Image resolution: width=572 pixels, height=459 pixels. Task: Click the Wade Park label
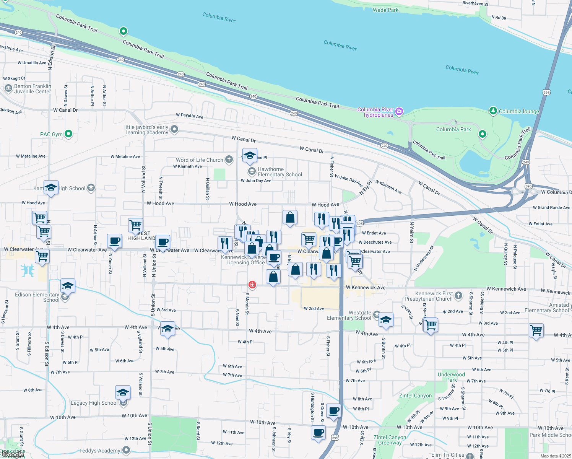click(385, 10)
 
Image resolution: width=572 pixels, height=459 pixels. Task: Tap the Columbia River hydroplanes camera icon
click(399, 111)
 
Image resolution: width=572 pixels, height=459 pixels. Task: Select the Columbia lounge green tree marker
click(493, 111)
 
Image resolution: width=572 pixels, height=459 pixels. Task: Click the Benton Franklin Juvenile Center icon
click(8, 89)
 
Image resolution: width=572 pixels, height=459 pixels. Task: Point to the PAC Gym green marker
click(68, 134)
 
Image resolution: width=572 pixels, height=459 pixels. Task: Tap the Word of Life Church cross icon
click(229, 160)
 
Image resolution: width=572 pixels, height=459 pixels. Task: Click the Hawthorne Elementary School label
click(279, 172)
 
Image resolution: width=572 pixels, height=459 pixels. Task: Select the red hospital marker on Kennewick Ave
click(252, 285)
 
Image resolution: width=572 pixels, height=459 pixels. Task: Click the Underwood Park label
click(451, 377)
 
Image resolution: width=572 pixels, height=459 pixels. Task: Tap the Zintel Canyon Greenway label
click(390, 440)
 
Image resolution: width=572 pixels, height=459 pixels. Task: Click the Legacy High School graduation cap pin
click(123, 393)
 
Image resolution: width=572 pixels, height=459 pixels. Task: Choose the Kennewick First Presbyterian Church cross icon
click(459, 296)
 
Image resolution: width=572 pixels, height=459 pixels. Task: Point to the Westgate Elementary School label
click(349, 315)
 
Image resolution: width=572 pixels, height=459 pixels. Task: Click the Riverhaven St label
click(475, 3)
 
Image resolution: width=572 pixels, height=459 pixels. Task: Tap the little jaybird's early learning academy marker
click(174, 129)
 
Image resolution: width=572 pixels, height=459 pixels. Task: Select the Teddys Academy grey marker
click(126, 451)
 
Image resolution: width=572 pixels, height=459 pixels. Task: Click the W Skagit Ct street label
click(14, 78)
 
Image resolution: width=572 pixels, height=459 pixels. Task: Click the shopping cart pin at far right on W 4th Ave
click(536, 330)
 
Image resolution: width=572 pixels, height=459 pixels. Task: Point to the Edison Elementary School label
click(37, 297)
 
